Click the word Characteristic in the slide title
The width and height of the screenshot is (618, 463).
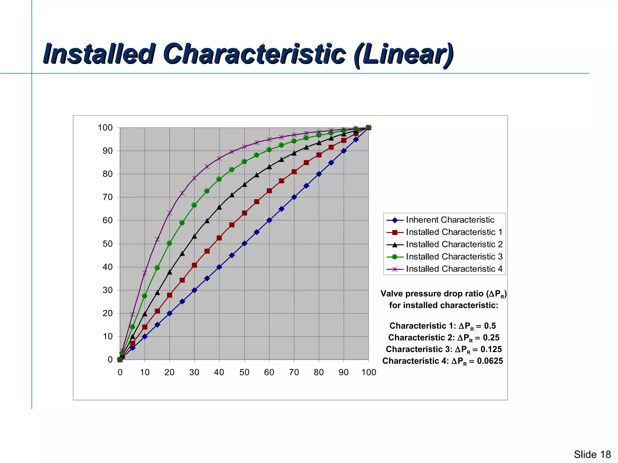point(254,54)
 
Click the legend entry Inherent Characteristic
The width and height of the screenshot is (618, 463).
point(450,220)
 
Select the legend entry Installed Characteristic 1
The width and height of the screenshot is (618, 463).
point(454,232)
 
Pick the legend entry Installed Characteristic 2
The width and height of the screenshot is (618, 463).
point(454,244)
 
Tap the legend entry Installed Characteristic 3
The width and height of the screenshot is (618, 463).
point(454,257)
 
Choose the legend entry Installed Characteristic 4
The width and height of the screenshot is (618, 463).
point(454,269)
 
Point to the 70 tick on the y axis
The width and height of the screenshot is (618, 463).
point(107,197)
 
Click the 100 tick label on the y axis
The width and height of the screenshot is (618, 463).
point(105,128)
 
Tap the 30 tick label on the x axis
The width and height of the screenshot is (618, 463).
point(194,372)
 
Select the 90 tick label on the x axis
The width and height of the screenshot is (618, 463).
point(343,372)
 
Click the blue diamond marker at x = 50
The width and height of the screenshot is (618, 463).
point(244,243)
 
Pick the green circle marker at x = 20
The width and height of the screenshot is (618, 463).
point(169,243)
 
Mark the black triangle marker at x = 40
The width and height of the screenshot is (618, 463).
point(219,207)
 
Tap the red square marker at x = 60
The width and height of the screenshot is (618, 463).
point(269,191)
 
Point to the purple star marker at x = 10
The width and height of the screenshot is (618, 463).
point(145,273)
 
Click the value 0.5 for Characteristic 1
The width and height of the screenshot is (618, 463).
point(490,326)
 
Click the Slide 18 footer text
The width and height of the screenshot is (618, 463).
point(592,454)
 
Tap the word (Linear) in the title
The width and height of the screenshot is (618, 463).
point(403,54)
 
